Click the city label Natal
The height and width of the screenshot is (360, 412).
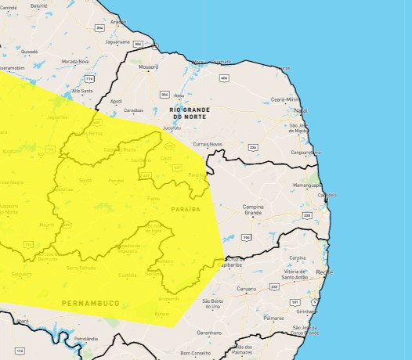pyautogui.click(x=301, y=110)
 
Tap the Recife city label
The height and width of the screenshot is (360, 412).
pyautogui.click(x=323, y=271)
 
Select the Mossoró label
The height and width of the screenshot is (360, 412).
pyautogui.click(x=148, y=67)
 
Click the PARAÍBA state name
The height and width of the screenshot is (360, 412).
pyautogui.click(x=186, y=209)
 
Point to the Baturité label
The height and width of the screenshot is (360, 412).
pyautogui.click(x=39, y=5)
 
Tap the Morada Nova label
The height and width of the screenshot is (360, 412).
pyautogui.click(x=76, y=61)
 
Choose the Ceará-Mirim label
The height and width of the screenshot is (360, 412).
pyautogui.click(x=285, y=100)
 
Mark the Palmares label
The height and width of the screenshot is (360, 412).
pyautogui.click(x=273, y=319)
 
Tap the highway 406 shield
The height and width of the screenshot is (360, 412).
pyautogui.click(x=224, y=78)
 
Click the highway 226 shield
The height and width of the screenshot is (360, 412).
pyautogui.click(x=252, y=147)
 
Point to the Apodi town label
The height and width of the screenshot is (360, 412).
pyautogui.click(x=117, y=101)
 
